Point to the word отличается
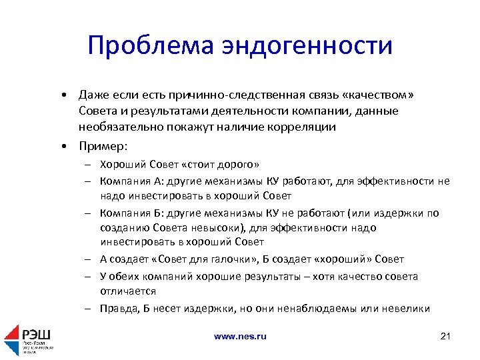coord(128,291)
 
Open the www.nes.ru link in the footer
coord(240,337)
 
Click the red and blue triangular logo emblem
coord(12,340)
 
